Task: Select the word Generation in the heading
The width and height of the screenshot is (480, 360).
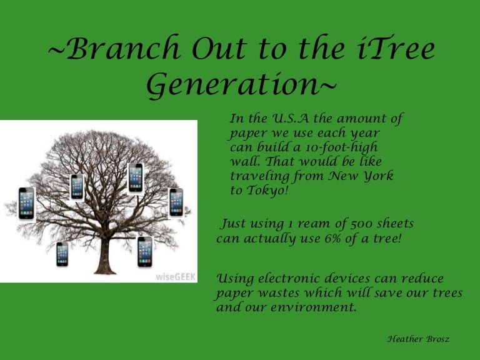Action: [x=236, y=86]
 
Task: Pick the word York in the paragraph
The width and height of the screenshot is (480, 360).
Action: [x=377, y=176]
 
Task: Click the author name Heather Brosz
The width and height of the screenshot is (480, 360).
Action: [x=418, y=339]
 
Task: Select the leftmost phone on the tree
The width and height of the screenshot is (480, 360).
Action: [x=26, y=203]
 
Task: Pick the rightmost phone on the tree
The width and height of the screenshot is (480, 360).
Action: [x=176, y=202]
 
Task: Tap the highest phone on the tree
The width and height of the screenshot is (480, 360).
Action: [x=136, y=177]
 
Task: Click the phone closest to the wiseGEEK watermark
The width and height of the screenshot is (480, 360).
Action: [x=145, y=251]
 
